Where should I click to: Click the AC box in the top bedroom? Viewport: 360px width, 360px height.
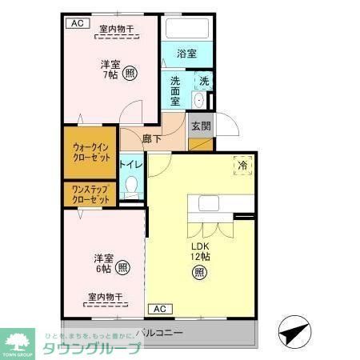pyautogui.click(x=78, y=23)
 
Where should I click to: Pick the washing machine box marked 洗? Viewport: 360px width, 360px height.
pyautogui.click(x=204, y=81)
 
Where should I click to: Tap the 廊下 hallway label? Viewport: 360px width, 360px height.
pyautogui.click(x=152, y=138)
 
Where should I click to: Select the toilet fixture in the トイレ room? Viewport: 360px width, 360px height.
pyautogui.click(x=133, y=189)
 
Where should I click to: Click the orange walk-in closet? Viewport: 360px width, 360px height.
pyautogui.click(x=91, y=152)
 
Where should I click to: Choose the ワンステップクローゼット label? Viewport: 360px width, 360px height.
pyautogui.click(x=91, y=194)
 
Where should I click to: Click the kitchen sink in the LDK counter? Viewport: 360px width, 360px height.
pyautogui.click(x=208, y=203)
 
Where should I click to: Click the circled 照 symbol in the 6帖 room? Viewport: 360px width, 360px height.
pyautogui.click(x=122, y=267)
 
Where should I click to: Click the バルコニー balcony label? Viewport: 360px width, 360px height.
pyautogui.click(x=159, y=332)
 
